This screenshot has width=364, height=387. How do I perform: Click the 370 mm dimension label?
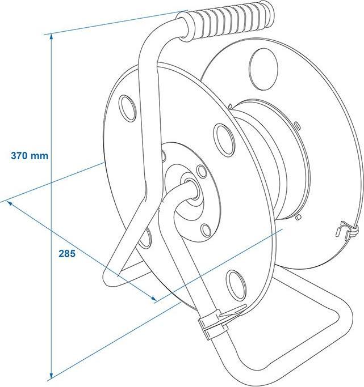[x=28, y=155]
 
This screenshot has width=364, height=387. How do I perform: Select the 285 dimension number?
[x=66, y=253]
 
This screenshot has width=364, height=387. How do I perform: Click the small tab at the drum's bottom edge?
[x=298, y=216]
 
